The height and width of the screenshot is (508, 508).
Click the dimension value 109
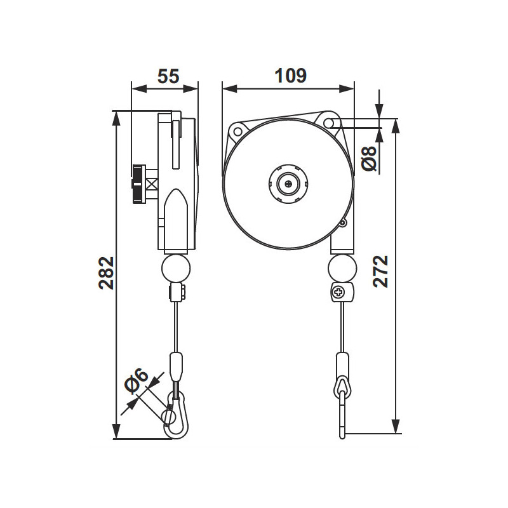(290, 76)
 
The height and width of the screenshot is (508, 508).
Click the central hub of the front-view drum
(288, 184)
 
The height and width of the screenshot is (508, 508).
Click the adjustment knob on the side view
(138, 184)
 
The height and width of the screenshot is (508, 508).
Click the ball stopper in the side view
(176, 267)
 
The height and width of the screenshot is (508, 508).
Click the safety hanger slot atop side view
(176, 140)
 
